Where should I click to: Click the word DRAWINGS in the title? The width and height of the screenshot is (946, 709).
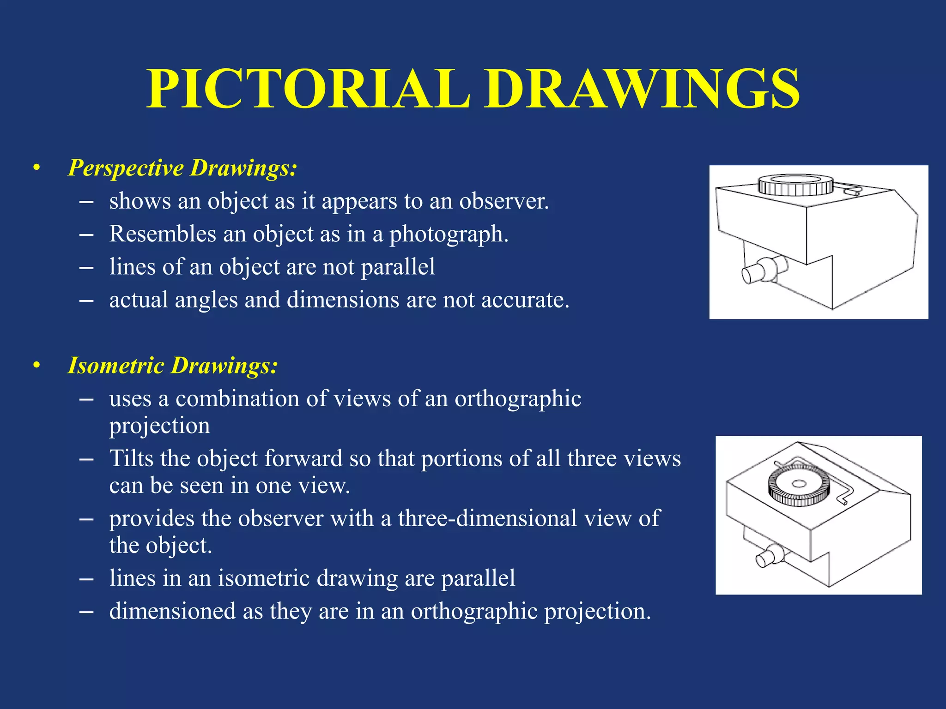pyautogui.click(x=642, y=89)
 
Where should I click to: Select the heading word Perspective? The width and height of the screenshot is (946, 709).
pyautogui.click(x=126, y=168)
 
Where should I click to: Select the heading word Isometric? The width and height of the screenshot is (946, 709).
pyautogui.click(x=116, y=366)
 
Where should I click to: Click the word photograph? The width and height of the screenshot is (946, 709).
pyautogui.click(x=448, y=234)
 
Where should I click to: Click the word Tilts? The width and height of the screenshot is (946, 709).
pyautogui.click(x=131, y=458)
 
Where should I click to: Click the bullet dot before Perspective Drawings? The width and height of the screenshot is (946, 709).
pyautogui.click(x=36, y=168)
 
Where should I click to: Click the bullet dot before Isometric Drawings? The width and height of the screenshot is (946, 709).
pyautogui.click(x=36, y=366)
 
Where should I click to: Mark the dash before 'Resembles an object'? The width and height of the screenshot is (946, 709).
pyautogui.click(x=86, y=234)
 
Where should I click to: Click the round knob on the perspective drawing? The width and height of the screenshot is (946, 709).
pyautogui.click(x=795, y=185)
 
